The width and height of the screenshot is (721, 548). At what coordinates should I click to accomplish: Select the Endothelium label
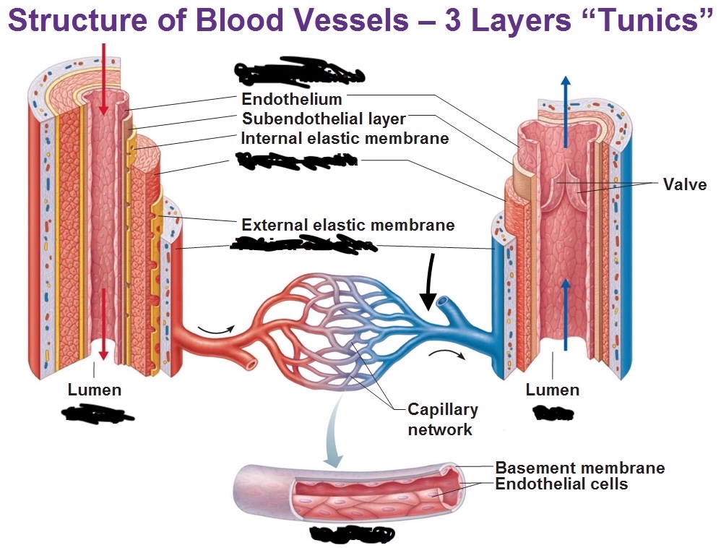click(x=292, y=100)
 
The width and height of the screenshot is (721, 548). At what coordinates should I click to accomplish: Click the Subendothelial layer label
click(x=324, y=119)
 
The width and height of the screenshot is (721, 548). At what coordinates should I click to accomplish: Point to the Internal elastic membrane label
click(x=345, y=138)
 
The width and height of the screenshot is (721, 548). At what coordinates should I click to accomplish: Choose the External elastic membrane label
click(x=347, y=225)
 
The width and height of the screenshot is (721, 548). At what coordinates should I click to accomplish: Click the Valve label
click(x=684, y=184)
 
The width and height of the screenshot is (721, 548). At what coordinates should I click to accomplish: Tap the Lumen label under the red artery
click(x=95, y=390)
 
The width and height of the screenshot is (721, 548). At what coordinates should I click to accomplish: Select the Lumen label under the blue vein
click(x=552, y=390)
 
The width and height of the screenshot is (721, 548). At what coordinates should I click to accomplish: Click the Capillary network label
click(x=442, y=419)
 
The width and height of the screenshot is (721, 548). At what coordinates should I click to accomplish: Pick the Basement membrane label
click(x=579, y=468)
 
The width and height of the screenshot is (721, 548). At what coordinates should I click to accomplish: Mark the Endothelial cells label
click(x=561, y=484)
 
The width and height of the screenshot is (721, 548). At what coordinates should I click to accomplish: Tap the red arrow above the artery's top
click(x=104, y=80)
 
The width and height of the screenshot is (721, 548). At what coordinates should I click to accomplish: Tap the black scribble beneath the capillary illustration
click(x=351, y=535)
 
